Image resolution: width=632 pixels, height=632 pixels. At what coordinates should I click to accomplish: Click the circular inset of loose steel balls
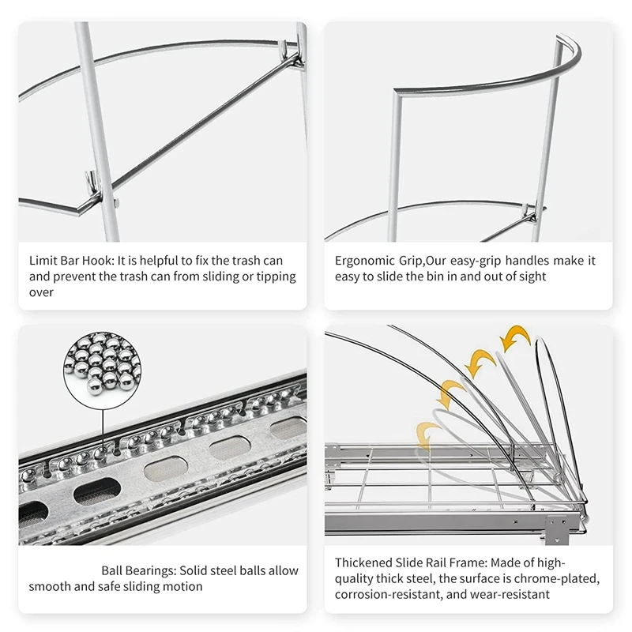pyautogui.click(x=103, y=363)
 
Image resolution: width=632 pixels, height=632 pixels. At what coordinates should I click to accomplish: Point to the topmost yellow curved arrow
pyautogui.click(x=515, y=338)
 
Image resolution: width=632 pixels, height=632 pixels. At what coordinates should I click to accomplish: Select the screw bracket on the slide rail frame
pyautogui.click(x=556, y=529)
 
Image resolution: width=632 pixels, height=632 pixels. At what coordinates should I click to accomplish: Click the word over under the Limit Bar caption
pyautogui.click(x=41, y=292)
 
